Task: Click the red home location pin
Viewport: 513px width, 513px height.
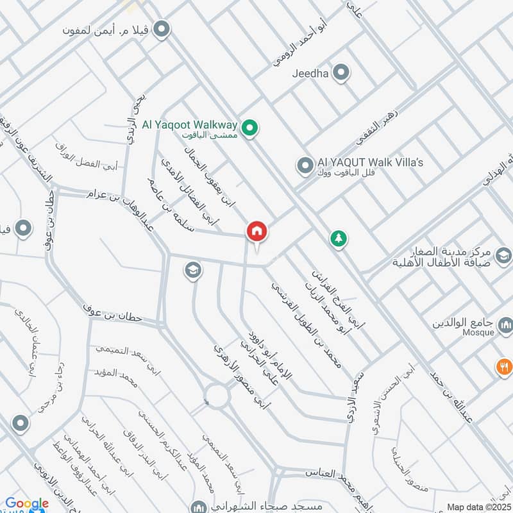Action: click(x=257, y=231)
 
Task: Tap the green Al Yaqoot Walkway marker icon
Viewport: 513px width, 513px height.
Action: click(x=253, y=126)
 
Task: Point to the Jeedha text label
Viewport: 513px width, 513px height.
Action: click(x=310, y=74)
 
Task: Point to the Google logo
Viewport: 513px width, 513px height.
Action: click(x=27, y=504)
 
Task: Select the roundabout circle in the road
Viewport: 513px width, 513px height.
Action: click(x=217, y=396)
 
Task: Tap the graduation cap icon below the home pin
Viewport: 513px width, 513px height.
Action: click(x=192, y=271)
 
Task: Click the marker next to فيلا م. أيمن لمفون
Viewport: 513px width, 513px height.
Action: click(x=162, y=29)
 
